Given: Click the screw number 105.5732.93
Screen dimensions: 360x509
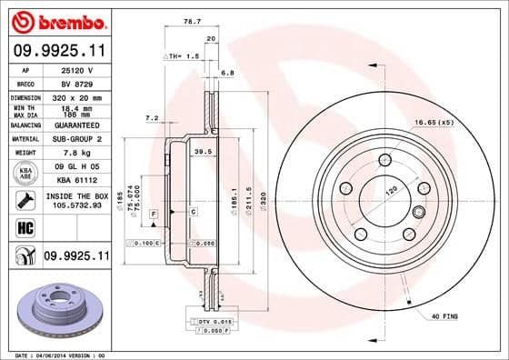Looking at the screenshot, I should (x=77, y=208).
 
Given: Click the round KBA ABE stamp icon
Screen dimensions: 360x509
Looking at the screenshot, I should (x=19, y=175).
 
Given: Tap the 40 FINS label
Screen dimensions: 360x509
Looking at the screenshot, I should (x=444, y=315).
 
